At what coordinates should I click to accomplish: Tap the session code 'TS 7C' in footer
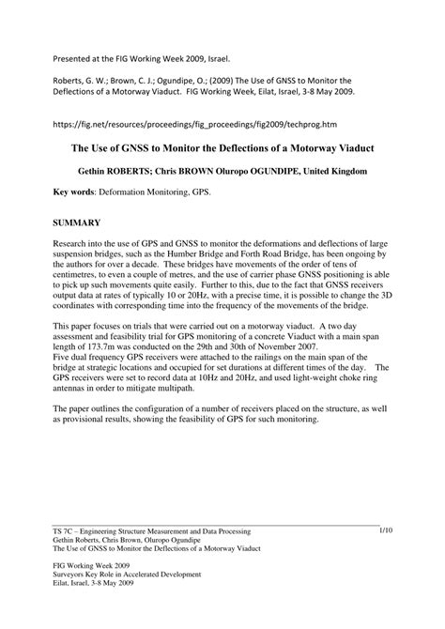65,532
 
